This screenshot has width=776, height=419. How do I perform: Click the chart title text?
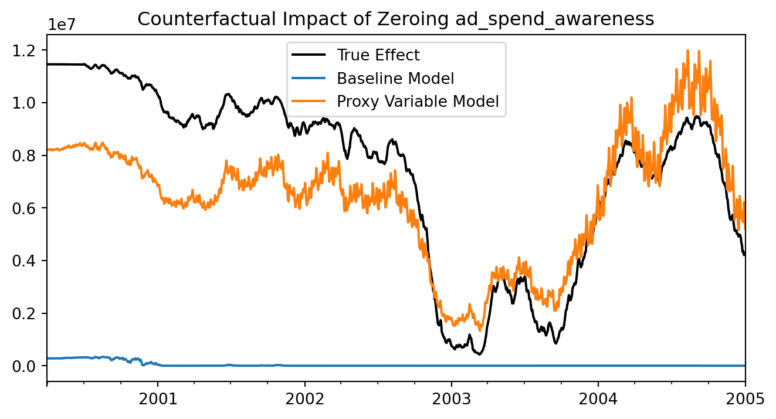coord(395,19)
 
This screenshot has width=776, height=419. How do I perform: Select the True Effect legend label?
coord(378,55)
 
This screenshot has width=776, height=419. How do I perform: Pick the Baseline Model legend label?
coord(395,78)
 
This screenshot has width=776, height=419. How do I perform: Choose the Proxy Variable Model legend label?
coord(417,101)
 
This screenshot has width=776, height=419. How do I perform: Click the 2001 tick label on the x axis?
coord(158,400)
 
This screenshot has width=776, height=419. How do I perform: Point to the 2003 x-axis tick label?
coord(452,400)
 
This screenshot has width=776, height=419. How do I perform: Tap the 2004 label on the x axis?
coord(598,400)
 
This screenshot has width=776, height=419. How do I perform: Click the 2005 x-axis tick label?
coord(745,400)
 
